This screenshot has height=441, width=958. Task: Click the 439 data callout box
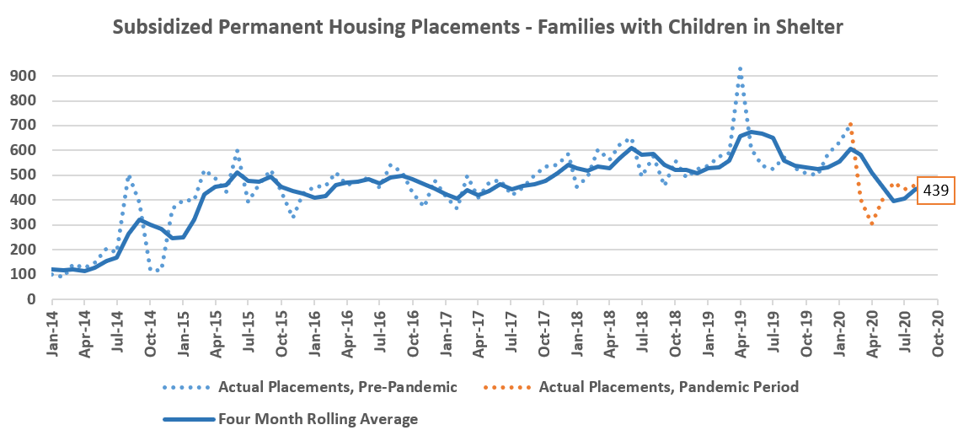935,191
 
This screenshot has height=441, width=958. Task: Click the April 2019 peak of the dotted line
740,69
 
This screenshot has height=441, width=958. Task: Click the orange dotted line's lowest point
872,223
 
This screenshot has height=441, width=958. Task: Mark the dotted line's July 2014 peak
129,176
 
